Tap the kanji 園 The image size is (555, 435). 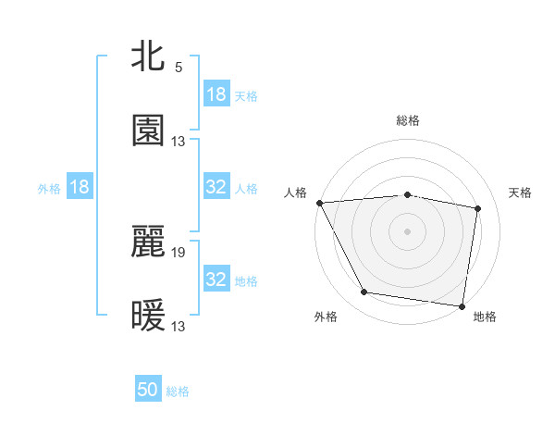148,130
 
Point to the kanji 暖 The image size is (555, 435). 148,317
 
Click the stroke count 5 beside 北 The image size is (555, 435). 179,68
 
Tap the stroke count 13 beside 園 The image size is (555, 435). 179,142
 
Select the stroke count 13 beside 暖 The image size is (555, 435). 179,326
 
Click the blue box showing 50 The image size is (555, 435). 148,390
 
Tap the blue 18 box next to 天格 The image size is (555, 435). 216,94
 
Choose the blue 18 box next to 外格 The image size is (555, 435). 80,187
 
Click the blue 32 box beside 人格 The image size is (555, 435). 216,187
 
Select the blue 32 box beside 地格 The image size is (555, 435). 216,280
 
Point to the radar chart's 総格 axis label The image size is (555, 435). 408,120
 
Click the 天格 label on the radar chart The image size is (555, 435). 520,193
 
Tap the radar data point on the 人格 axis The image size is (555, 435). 319,203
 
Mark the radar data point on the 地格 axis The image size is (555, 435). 462,305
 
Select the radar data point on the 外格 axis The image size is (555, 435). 364,292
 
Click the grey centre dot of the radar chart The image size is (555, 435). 408,231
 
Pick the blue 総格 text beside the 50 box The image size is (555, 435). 178,391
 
